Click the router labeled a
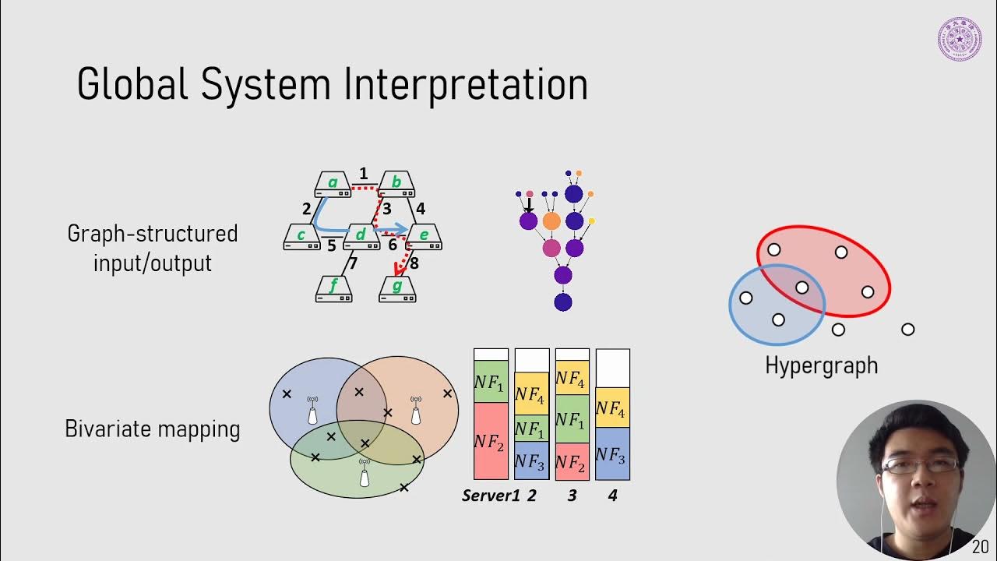click(333, 185)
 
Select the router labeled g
click(397, 289)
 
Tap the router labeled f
click(333, 289)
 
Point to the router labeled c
click(301, 237)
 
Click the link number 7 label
click(353, 263)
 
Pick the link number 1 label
click(364, 173)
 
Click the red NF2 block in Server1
click(491, 441)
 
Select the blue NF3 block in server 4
click(612, 454)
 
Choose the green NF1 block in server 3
click(572, 419)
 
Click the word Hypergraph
click(821, 365)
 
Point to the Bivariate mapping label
click(153, 429)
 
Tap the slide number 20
click(980, 546)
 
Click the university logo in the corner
click(959, 39)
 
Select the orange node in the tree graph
click(551, 221)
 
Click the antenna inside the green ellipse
click(364, 474)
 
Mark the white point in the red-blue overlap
click(801, 288)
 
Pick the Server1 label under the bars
click(490, 496)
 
